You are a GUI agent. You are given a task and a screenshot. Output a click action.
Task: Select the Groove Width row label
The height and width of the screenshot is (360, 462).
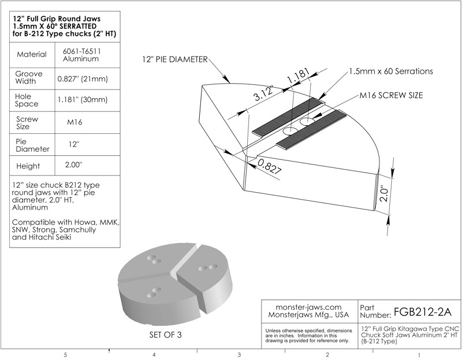pyautogui.click(x=28, y=78)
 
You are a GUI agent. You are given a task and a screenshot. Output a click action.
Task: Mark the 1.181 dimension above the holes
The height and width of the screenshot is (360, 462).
pyautogui.click(x=299, y=76)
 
